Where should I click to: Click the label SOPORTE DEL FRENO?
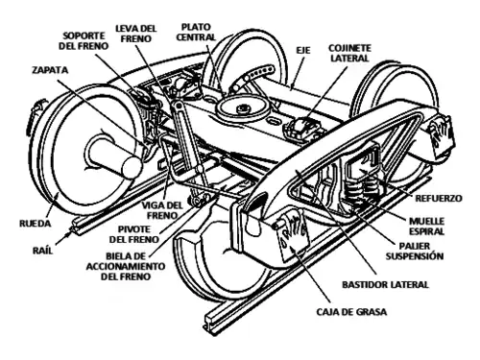point(84,40)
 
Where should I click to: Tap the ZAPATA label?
point(50,70)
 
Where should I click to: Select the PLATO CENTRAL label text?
point(196,32)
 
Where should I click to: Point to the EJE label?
point(303,51)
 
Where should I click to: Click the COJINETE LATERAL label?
point(349,53)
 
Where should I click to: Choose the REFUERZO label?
point(439,199)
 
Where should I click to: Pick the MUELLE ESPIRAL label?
point(427,227)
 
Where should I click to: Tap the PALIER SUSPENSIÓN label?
point(415,252)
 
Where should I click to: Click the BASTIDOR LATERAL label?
point(385,284)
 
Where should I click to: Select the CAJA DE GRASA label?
point(351,312)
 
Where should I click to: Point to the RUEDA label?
point(36,224)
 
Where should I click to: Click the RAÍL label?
point(42,250)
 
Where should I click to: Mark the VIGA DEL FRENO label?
point(162,210)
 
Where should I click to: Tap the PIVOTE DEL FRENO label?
point(134,234)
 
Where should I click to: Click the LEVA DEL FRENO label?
point(136,34)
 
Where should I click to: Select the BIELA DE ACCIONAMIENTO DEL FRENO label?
point(126,266)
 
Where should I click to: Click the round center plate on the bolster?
point(242,108)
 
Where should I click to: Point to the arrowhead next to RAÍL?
point(68,234)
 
